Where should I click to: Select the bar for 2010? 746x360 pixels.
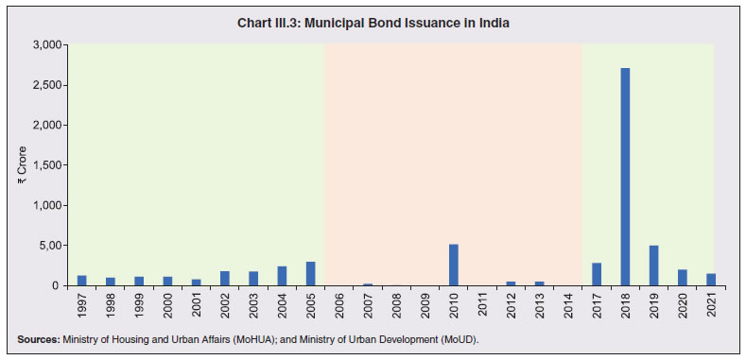coord(453,266)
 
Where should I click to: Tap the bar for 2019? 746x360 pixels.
coord(653,266)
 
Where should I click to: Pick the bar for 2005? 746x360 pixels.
coord(310,274)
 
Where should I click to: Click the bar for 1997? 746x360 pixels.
coord(81,281)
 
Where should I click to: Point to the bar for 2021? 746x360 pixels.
coord(710,280)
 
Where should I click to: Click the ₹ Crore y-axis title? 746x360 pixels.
coord(21,165)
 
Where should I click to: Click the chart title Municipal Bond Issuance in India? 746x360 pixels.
coord(373,23)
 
